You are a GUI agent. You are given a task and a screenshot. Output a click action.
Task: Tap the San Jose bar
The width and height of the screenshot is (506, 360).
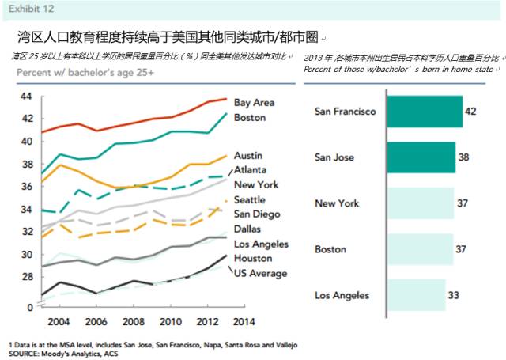(x=421, y=157)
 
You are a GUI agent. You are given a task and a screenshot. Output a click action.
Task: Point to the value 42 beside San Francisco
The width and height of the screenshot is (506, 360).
(x=470, y=112)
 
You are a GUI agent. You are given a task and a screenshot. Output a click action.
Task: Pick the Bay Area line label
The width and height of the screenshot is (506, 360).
(x=254, y=103)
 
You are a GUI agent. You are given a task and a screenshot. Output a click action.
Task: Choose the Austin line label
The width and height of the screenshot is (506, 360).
(x=247, y=155)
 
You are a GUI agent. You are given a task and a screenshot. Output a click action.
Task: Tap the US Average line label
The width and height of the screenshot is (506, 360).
(x=260, y=273)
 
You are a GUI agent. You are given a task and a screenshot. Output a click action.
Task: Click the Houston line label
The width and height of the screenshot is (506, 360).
(x=252, y=259)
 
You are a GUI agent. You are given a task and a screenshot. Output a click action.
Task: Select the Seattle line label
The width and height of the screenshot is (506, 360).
(x=249, y=199)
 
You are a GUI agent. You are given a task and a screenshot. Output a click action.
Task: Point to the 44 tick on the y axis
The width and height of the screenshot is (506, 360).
(x=25, y=97)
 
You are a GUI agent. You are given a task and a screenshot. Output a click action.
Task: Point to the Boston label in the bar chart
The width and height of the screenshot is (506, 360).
(x=330, y=249)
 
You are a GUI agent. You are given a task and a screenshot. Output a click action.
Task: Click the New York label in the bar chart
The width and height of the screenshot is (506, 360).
(x=337, y=203)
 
